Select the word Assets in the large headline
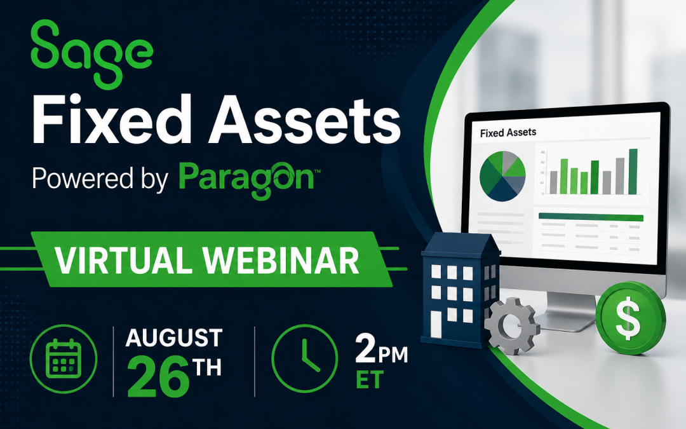tap(304, 120)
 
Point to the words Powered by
tap(100, 179)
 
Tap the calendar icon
tap(64, 359)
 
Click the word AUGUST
tap(174, 338)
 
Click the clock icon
tap(305, 358)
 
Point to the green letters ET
tap(370, 380)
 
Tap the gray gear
tap(511, 325)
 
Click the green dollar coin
tap(631, 317)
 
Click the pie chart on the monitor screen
tap(502, 176)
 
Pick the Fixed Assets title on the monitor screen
tap(508, 132)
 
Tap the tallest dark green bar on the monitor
tap(633, 172)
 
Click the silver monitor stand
tap(568, 311)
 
